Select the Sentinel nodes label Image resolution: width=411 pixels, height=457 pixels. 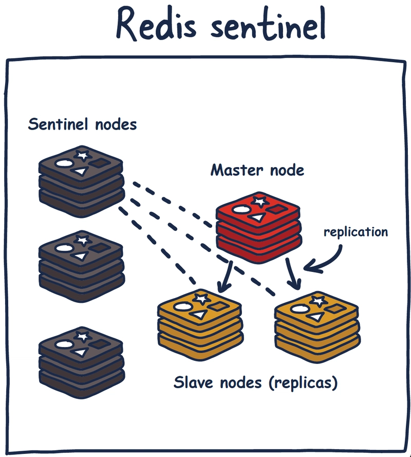click(x=82, y=124)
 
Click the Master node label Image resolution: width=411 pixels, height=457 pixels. click(x=257, y=170)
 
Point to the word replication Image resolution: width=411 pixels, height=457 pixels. click(x=356, y=232)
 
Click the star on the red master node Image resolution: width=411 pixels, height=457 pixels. click(x=258, y=201)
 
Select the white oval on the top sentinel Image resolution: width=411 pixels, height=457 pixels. click(x=63, y=164)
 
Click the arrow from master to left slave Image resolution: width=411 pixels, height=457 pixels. click(x=226, y=278)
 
